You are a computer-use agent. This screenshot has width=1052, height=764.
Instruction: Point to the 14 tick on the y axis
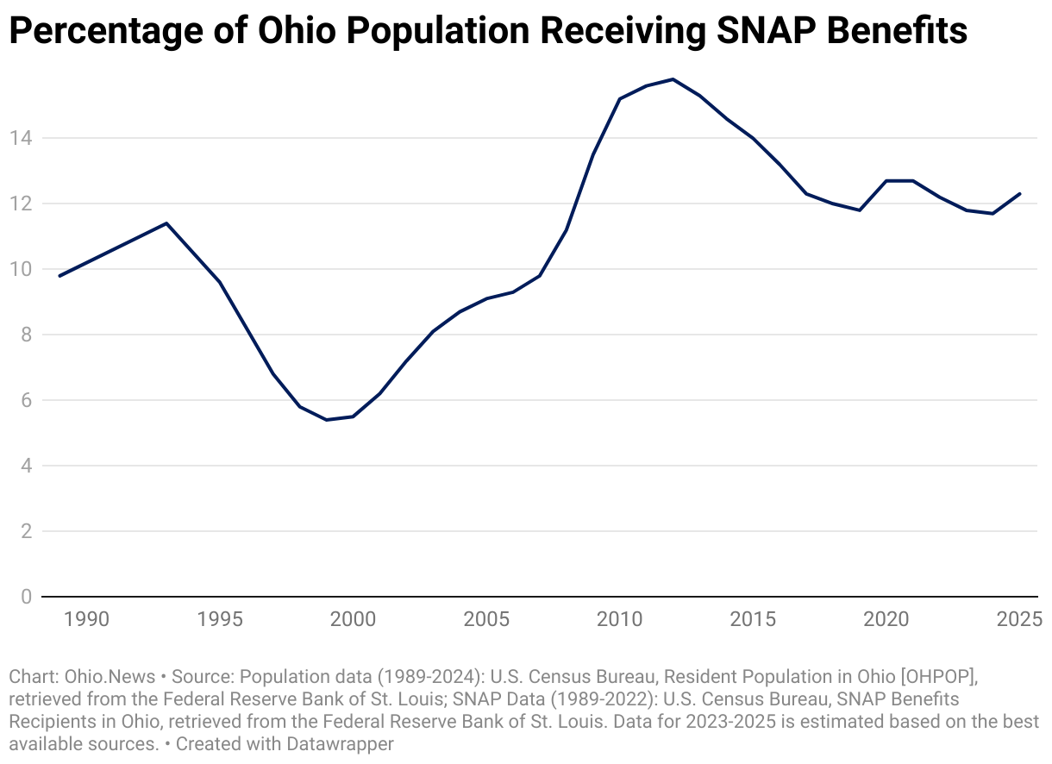point(22,138)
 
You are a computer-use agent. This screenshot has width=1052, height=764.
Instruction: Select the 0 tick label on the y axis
point(27,597)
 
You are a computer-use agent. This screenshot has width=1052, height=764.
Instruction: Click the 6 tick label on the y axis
point(27,400)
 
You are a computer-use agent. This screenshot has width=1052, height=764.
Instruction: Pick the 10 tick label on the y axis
point(22,269)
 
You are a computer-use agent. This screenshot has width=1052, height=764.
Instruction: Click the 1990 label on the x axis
point(86,619)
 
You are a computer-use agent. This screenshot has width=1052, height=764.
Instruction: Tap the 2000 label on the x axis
point(353,619)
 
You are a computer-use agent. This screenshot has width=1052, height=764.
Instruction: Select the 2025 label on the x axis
point(1018,619)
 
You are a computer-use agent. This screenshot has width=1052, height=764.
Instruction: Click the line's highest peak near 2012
point(673,79)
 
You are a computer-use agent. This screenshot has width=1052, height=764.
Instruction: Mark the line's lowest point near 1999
point(326,420)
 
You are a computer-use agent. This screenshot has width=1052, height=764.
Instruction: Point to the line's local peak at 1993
point(166,223)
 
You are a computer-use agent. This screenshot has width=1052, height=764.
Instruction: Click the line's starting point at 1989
point(59,276)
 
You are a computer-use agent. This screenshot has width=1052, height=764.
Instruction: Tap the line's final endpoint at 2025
point(1020,193)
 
